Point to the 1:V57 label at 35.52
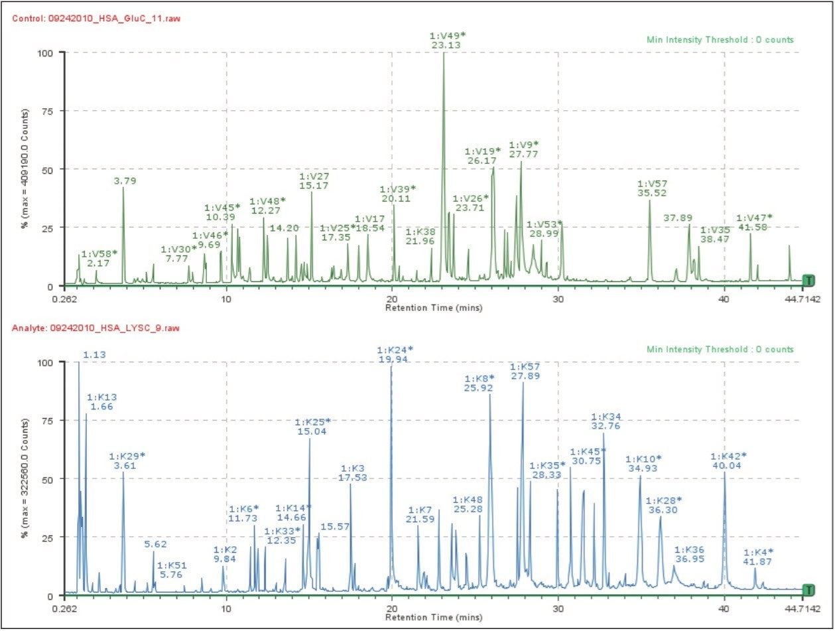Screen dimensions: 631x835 (652, 188)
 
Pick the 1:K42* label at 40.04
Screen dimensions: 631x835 (728, 460)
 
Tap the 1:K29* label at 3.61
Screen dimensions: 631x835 (127, 460)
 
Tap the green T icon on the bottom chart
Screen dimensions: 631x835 (808, 590)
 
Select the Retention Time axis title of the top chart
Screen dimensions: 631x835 (434, 308)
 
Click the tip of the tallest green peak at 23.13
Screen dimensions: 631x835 (444, 53)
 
